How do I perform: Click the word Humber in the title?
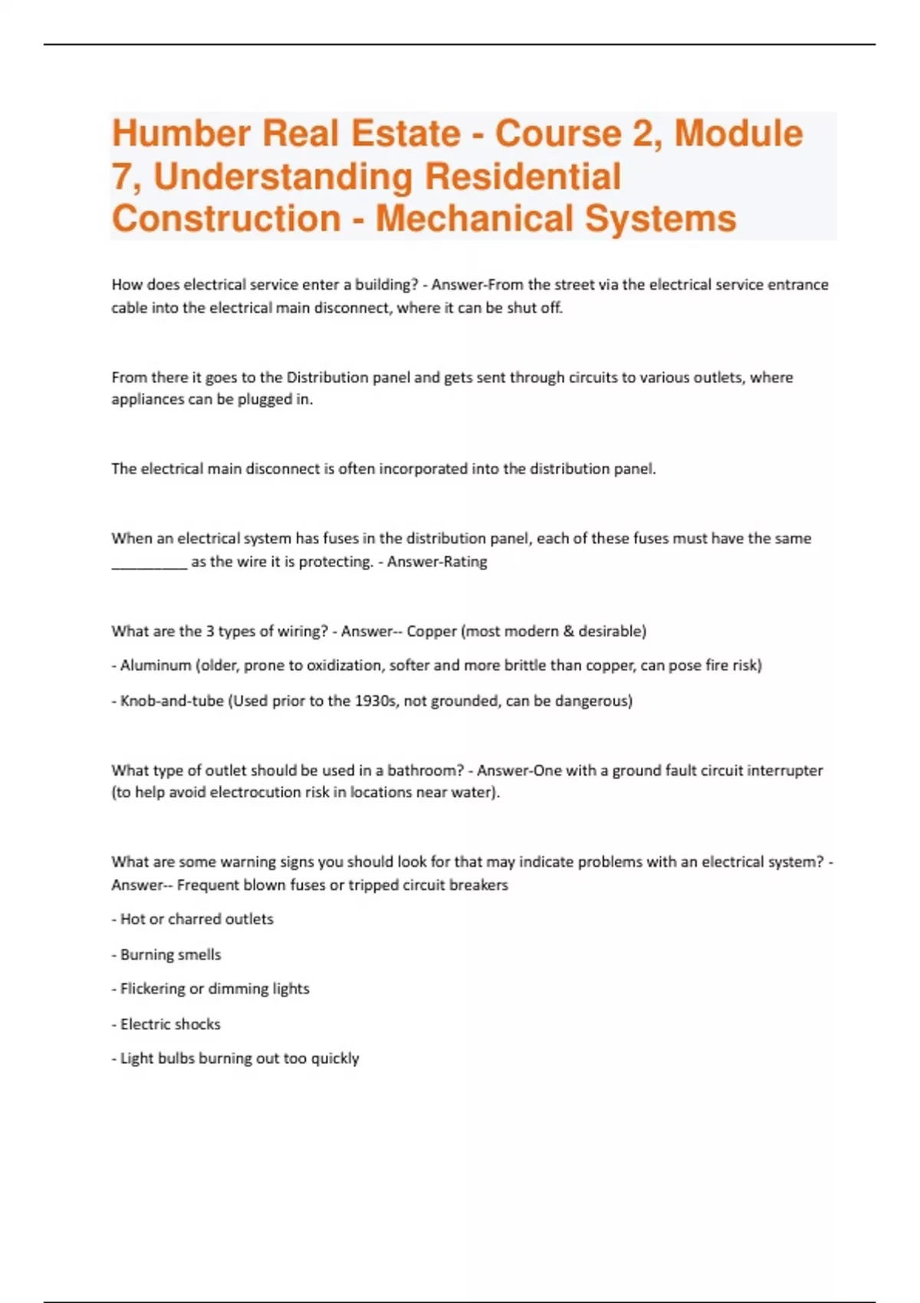181,133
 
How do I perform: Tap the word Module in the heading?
738,133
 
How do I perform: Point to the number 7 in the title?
121,176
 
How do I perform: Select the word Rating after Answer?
463,562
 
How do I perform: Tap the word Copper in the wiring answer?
431,632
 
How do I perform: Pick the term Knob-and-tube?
172,701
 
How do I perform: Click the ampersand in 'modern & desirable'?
568,632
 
